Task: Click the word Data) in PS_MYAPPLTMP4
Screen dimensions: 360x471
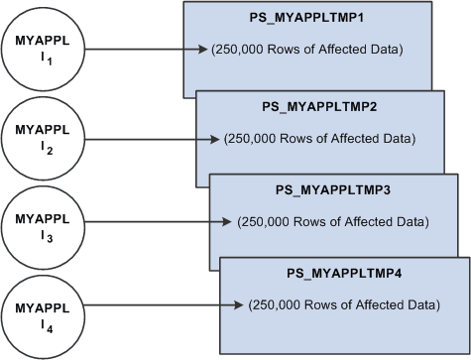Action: click(x=423, y=305)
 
